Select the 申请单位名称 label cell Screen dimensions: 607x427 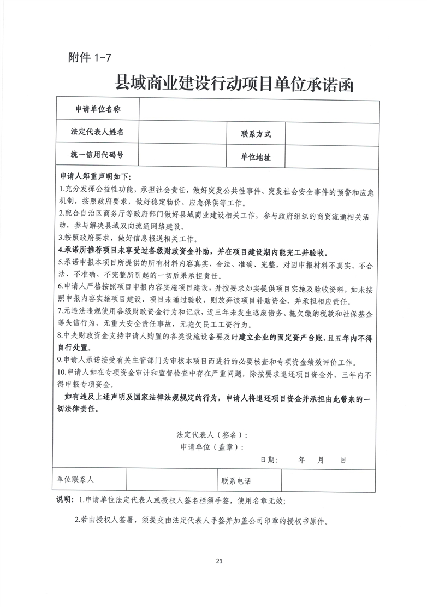pos(97,110)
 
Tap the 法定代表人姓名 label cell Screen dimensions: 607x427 pos(97,132)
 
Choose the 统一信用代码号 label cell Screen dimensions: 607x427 pos(97,155)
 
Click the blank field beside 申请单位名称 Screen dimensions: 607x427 pos(259,110)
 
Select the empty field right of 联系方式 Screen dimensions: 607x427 pos(331,134)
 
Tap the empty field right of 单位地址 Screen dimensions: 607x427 pos(331,157)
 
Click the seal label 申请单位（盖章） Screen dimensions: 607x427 pos(211,447)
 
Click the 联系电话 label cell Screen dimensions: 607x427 pos(236,481)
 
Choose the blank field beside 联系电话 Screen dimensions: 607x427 pos(328,480)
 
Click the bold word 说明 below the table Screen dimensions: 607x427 pos(64,500)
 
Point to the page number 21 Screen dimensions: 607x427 pos(220,561)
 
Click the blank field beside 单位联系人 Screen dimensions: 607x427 pos(171,480)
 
